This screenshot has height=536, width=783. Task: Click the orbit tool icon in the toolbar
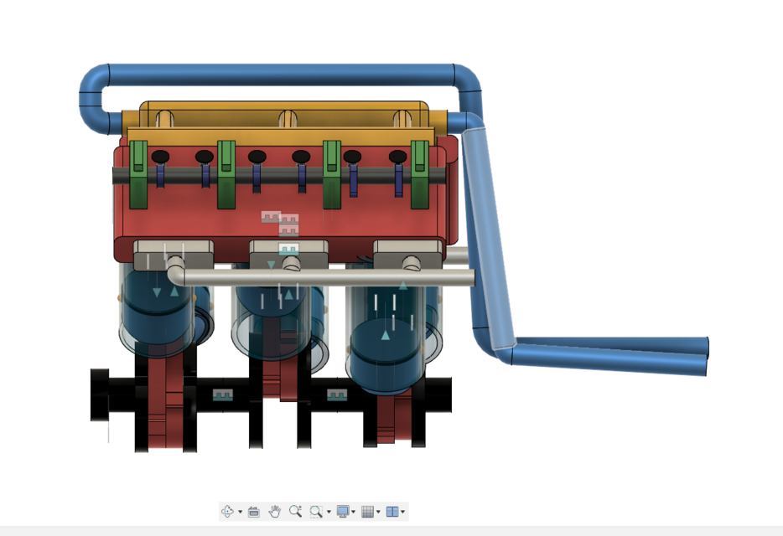(227, 511)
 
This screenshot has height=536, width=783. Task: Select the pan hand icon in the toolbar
(274, 511)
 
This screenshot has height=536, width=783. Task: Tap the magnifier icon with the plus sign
(295, 511)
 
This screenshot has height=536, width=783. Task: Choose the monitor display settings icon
(343, 511)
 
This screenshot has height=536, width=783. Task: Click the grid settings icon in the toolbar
(366, 511)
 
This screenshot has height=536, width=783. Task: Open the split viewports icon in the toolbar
(391, 511)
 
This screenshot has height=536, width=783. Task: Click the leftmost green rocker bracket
(138, 176)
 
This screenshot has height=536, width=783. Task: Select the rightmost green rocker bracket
(419, 176)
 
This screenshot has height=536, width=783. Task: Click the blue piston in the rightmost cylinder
(385, 348)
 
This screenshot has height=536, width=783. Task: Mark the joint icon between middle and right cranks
(336, 394)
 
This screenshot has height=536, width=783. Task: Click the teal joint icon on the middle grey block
(288, 249)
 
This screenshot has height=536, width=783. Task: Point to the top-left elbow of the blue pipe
(95, 84)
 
